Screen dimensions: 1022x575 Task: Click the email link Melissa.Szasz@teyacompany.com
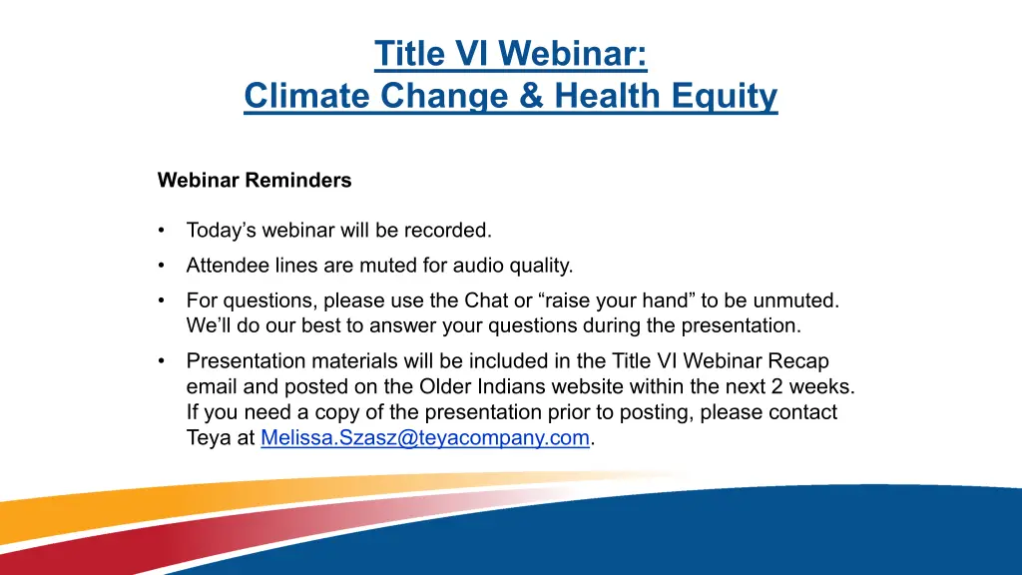click(425, 437)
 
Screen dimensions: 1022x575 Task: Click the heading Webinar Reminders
click(255, 180)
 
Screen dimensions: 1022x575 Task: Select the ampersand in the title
click(532, 95)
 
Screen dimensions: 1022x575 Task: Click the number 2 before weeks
click(776, 386)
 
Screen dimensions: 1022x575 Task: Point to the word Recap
click(798, 361)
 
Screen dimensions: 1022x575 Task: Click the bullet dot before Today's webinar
click(161, 231)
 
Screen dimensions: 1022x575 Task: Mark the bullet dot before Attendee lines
click(161, 266)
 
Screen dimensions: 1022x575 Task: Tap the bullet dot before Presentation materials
click(161, 361)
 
